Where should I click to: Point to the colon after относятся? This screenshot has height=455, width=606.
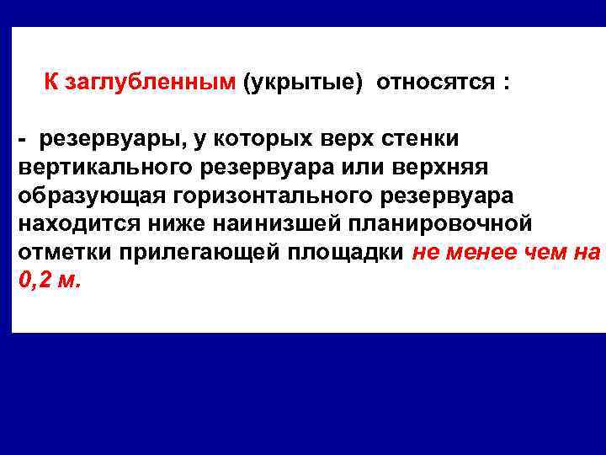pyautogui.click(x=506, y=84)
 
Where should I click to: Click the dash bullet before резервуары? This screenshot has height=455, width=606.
pyautogui.click(x=24, y=137)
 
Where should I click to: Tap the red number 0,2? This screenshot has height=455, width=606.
pyautogui.click(x=35, y=281)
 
